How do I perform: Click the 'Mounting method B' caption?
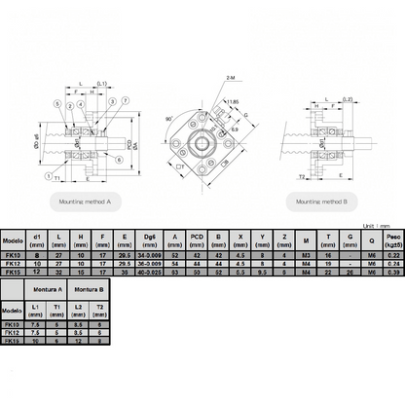tap(321, 199)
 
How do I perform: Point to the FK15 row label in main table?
tap(13, 275)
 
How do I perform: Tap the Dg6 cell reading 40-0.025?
tap(149, 275)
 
